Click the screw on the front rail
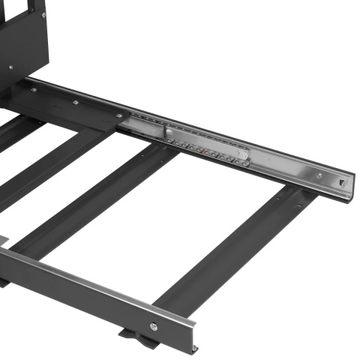click(x=153, y=325)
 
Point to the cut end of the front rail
click(x=194, y=337)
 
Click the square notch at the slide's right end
click(x=343, y=181)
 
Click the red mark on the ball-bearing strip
click(x=199, y=148)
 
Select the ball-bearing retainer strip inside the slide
click(x=210, y=150)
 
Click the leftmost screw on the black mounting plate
click(x=33, y=89)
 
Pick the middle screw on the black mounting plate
click(x=74, y=103)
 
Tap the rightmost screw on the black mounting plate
click(x=118, y=115)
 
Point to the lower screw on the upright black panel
click(x=10, y=67)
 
